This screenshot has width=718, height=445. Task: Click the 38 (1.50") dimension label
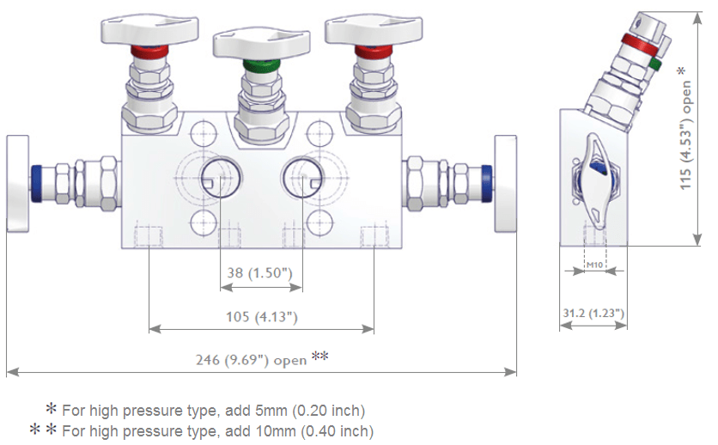[260, 272]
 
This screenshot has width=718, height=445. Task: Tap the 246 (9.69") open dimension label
[251, 360]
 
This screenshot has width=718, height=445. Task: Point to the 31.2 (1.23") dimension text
[593, 314]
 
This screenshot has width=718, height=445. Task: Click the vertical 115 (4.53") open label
[687, 129]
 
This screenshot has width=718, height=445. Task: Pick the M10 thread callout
[593, 265]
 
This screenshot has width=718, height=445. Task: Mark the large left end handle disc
[17, 182]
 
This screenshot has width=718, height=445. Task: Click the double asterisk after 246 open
[320, 357]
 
